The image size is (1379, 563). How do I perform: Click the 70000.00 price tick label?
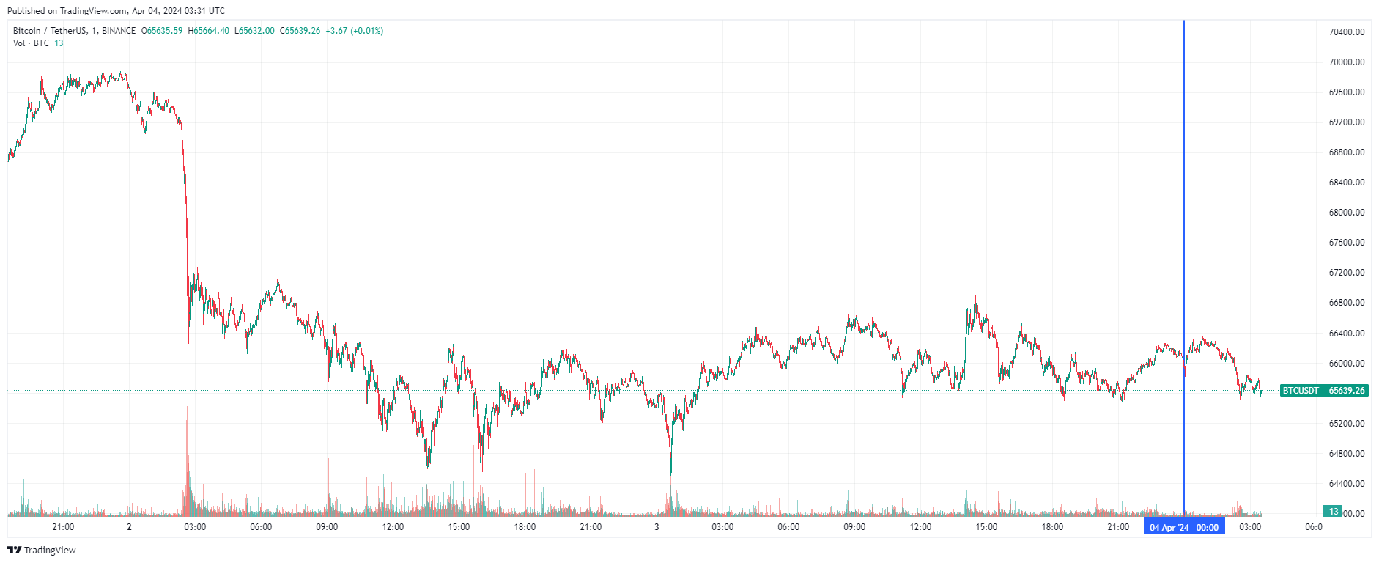pyautogui.click(x=1347, y=62)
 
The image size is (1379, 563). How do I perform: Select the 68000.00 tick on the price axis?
pyautogui.click(x=1347, y=213)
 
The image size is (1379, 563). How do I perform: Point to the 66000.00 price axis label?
pyautogui.click(x=1347, y=364)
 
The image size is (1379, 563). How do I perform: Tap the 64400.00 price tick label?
pyautogui.click(x=1347, y=484)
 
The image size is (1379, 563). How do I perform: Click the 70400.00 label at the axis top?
pyautogui.click(x=1347, y=32)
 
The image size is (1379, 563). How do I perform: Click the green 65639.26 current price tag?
pyautogui.click(x=1347, y=391)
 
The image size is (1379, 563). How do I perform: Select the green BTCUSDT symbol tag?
pyautogui.click(x=1301, y=391)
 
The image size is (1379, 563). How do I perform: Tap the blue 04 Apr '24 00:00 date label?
pyautogui.click(x=1184, y=528)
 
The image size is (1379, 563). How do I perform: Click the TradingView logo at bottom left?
pyautogui.click(x=42, y=551)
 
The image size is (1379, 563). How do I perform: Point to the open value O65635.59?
pyautogui.click(x=162, y=31)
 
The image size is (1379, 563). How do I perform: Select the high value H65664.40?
pyautogui.click(x=208, y=31)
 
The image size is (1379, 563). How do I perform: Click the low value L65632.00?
pyautogui.click(x=254, y=31)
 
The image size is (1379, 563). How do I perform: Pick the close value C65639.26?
pyautogui.click(x=300, y=31)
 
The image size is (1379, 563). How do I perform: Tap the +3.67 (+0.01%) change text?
pyautogui.click(x=355, y=31)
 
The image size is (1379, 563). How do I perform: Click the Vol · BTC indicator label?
pyautogui.click(x=31, y=43)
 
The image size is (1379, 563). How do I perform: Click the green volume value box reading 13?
pyautogui.click(x=1333, y=512)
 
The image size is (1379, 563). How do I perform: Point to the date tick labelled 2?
pyautogui.click(x=129, y=527)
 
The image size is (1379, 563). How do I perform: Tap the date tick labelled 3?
pyautogui.click(x=657, y=527)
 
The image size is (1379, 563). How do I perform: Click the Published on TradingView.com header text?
pyautogui.click(x=116, y=11)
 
